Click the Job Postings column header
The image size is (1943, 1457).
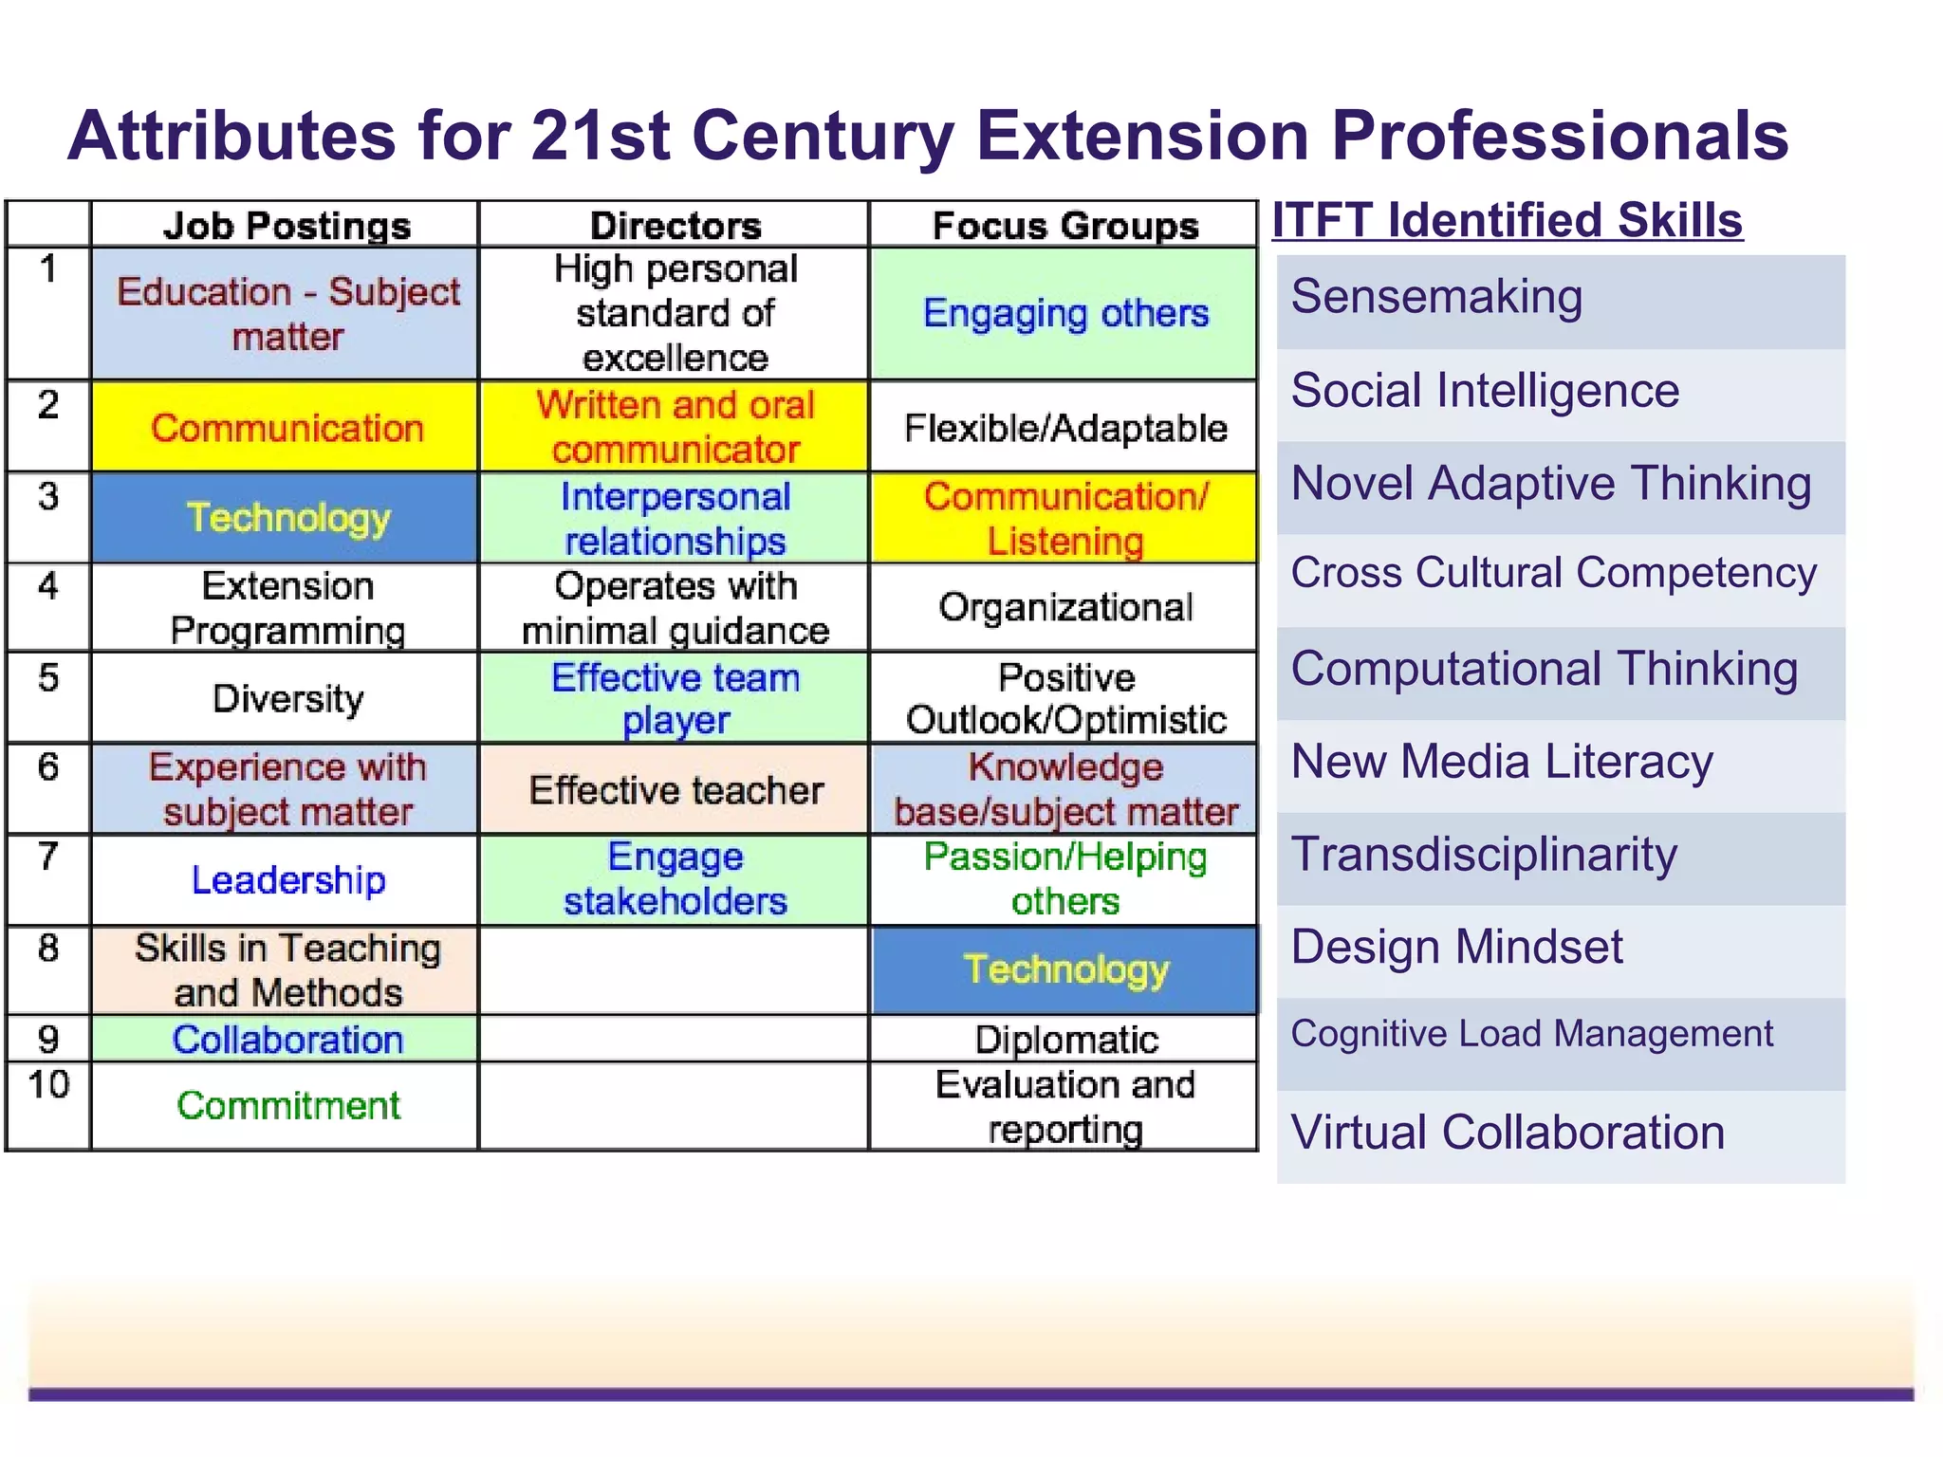[x=287, y=226]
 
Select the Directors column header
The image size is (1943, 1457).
[x=675, y=226]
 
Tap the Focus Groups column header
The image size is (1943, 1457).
[x=1065, y=226]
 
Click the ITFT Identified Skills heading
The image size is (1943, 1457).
[x=1507, y=220]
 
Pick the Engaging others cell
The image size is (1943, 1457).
[x=1065, y=313]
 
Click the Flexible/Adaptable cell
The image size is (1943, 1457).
[x=1065, y=428]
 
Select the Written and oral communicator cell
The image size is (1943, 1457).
[x=675, y=427]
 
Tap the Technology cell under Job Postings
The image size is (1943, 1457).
[x=287, y=518]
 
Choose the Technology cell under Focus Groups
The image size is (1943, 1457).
[x=1066, y=969]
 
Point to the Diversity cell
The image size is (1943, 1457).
[x=287, y=698]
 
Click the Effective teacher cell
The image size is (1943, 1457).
[x=675, y=789]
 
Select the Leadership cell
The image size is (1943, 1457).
[x=287, y=880]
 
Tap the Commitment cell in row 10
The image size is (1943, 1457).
[x=287, y=1105]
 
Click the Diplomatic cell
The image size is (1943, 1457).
[x=1065, y=1040]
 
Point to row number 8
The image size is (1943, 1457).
[x=48, y=949]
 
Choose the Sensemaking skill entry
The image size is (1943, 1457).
[x=1436, y=297]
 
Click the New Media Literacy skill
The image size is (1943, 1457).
[x=1502, y=762]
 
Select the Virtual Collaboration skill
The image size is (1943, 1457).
[x=1508, y=1133]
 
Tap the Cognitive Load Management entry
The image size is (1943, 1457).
[x=1531, y=1033]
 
